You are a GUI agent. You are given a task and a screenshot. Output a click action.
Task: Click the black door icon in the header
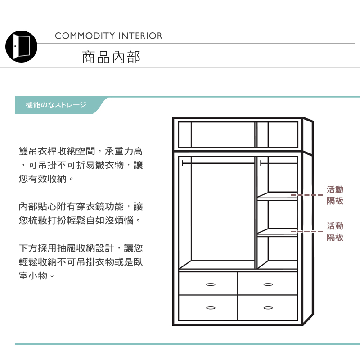(x=21, y=46)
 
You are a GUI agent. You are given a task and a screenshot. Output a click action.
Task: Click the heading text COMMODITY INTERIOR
(x=108, y=36)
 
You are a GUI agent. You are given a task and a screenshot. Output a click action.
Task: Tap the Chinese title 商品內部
(x=111, y=57)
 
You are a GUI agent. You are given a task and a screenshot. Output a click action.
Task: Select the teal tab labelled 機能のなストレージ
(x=56, y=105)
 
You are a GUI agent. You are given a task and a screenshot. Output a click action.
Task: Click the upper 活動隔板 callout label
(x=335, y=195)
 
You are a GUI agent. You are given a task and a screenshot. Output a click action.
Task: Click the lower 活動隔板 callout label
(x=335, y=232)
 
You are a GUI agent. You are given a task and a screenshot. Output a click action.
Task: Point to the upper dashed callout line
(x=307, y=195)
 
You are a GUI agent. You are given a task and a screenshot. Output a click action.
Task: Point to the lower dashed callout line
(x=307, y=231)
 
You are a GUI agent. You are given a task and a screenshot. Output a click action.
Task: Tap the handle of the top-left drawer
(x=210, y=284)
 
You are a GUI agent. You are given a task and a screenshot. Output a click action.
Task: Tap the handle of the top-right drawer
(x=268, y=284)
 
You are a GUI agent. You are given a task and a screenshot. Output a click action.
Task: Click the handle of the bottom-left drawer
(x=210, y=308)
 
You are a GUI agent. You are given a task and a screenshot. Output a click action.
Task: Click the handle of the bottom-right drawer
(x=268, y=308)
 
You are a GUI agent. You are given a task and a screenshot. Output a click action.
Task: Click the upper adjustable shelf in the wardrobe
(x=277, y=196)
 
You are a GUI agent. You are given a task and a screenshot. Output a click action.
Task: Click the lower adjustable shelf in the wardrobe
(x=277, y=233)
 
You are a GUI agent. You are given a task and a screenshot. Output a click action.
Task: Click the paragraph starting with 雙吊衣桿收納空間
(x=81, y=165)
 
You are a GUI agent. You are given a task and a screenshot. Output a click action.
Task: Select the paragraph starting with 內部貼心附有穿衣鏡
(x=81, y=214)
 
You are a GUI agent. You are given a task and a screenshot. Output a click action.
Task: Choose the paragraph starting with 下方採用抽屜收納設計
(x=81, y=262)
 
